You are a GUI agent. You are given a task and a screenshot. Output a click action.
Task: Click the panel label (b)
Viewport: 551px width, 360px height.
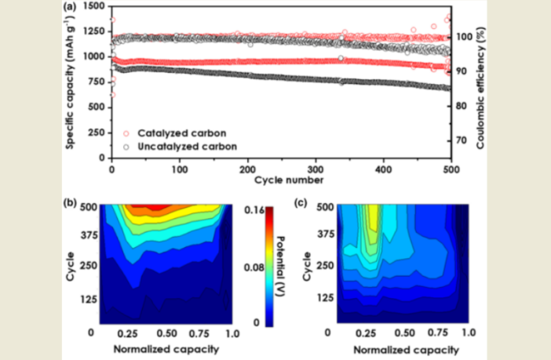[x=69, y=202]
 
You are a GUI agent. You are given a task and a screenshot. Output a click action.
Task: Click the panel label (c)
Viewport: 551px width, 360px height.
[x=298, y=202]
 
